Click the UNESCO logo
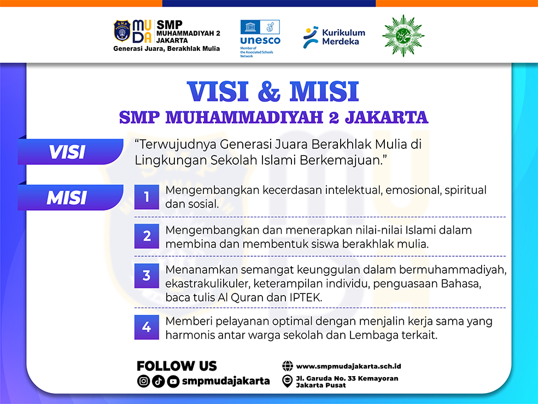point(260,38)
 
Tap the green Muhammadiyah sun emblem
point(403,36)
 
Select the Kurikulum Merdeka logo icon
point(310,37)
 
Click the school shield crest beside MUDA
point(122,31)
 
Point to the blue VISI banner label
point(71,152)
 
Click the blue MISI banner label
point(71,197)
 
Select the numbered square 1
point(147,197)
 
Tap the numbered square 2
point(147,236)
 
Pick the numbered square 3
point(147,275)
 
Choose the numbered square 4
point(147,327)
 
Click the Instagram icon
point(143,381)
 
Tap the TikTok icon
point(158,381)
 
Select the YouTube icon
point(173,381)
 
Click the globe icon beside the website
point(288,366)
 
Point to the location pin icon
point(287,381)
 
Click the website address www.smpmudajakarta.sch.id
point(349,366)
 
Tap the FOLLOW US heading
point(177,366)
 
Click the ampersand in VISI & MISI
point(268,92)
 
